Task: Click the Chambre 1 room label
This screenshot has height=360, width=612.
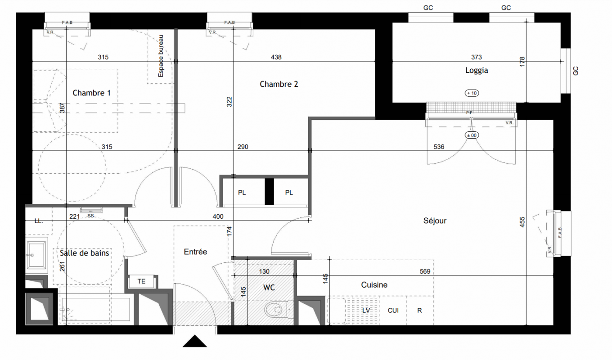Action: (91, 93)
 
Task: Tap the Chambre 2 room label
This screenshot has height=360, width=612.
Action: (279, 84)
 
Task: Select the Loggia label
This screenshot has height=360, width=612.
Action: (477, 71)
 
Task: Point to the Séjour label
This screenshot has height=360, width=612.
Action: (435, 220)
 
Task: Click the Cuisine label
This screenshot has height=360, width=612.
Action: (374, 285)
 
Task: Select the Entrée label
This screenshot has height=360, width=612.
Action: (195, 252)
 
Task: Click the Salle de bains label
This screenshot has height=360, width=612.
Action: (84, 253)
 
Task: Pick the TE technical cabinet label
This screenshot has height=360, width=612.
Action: (141, 281)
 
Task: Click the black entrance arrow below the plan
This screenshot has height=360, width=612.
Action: (194, 341)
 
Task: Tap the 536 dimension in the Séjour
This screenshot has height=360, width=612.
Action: (439, 147)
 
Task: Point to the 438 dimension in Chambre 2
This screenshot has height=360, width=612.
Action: (276, 57)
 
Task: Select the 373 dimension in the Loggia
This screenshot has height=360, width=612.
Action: (477, 57)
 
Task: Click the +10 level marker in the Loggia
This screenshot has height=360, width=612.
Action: (472, 93)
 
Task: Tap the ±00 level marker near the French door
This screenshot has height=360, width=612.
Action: (472, 135)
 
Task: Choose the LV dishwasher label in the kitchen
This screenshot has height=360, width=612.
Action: (366, 310)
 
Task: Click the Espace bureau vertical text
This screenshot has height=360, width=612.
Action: (161, 56)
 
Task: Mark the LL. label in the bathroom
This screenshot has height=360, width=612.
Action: (39, 221)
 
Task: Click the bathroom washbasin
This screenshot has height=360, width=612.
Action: (36, 255)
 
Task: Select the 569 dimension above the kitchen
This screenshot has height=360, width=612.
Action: (425, 271)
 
